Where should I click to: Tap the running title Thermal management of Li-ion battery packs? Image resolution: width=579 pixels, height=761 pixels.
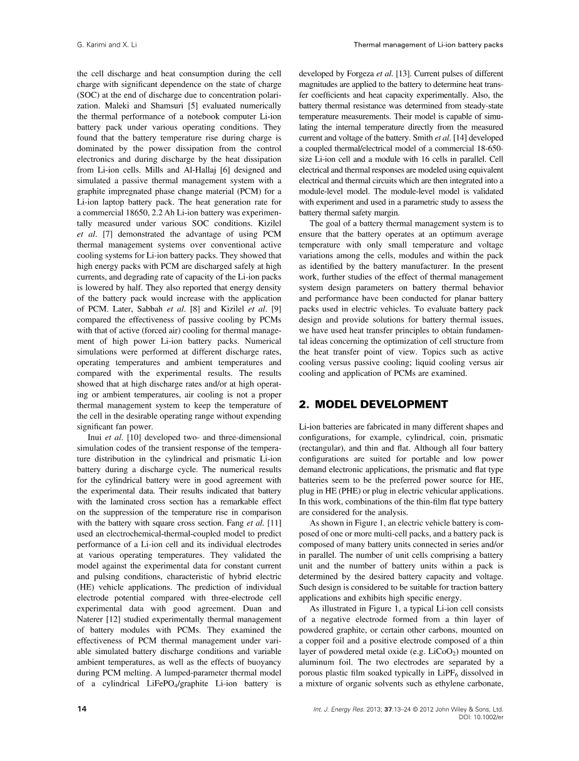coord(428,44)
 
